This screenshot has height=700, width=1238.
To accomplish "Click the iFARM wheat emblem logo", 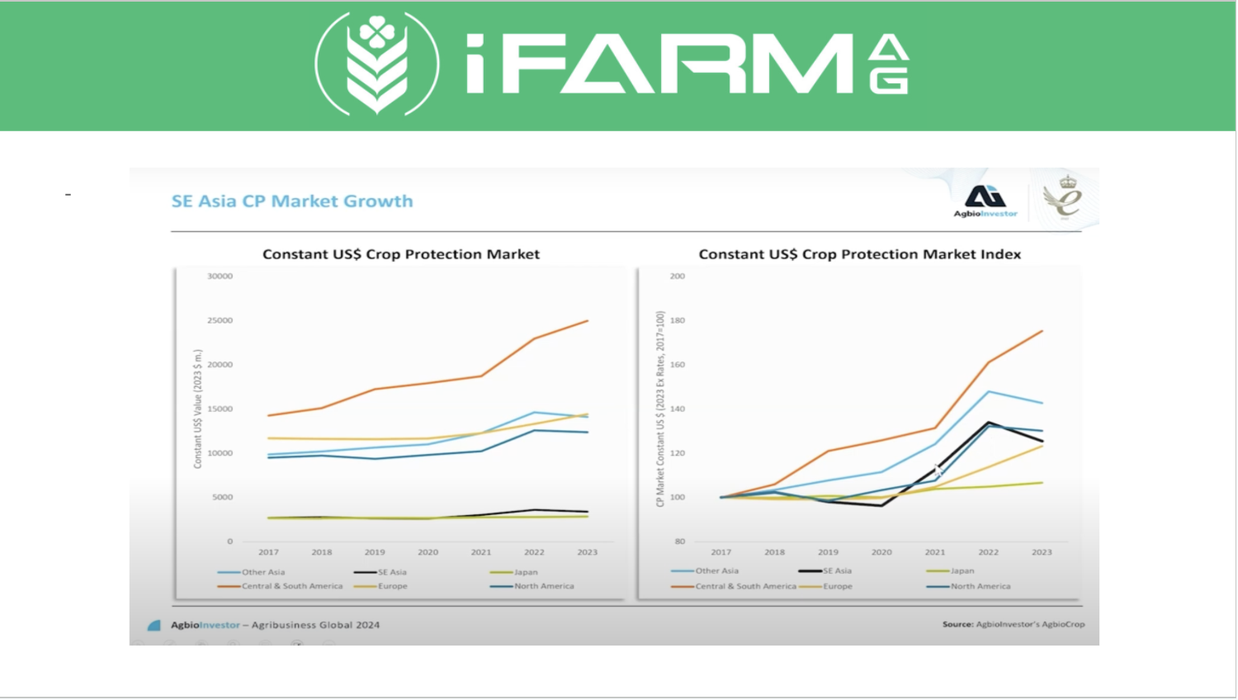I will [377, 64].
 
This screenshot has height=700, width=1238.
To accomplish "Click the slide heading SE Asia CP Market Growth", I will [292, 201].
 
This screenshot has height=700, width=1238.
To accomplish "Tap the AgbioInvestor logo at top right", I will [985, 201].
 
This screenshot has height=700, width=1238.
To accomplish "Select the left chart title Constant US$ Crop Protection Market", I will [401, 254].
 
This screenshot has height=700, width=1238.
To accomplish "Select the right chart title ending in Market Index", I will [859, 254].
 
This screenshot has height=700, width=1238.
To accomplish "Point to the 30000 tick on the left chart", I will [220, 277].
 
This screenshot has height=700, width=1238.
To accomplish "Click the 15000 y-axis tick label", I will [220, 409].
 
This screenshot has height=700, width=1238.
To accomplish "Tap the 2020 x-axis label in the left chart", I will [428, 552].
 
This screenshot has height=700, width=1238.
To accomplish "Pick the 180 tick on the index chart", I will [678, 320].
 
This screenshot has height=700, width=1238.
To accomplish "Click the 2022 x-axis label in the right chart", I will [988, 552].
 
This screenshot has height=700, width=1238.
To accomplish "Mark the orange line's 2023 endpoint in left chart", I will [588, 321].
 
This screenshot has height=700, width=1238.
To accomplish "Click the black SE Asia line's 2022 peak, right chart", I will [988, 423].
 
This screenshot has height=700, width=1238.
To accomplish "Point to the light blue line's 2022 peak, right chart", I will [988, 391].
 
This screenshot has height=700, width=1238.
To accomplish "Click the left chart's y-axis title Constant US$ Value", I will [198, 409].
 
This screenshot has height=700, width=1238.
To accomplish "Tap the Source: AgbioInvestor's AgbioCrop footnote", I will [1013, 624].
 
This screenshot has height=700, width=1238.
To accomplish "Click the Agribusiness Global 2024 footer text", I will [315, 625].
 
